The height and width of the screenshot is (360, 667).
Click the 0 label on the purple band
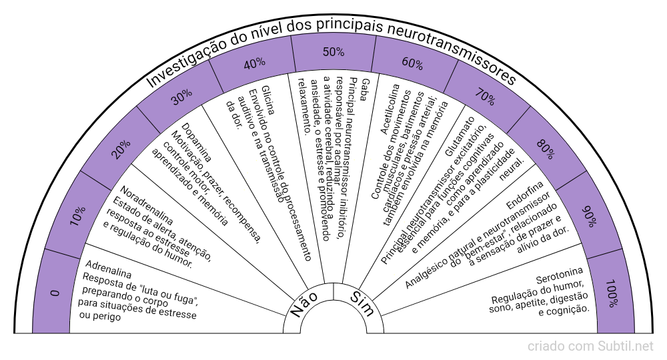[55, 292]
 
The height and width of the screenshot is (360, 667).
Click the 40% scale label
[254, 63]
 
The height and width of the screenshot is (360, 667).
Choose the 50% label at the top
[333, 51]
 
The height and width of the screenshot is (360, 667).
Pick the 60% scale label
[412, 64]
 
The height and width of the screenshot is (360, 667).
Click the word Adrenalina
[109, 265]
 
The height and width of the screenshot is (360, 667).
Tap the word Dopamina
[196, 142]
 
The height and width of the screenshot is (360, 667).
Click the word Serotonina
[560, 275]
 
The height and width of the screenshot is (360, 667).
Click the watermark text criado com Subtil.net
[590, 347]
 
